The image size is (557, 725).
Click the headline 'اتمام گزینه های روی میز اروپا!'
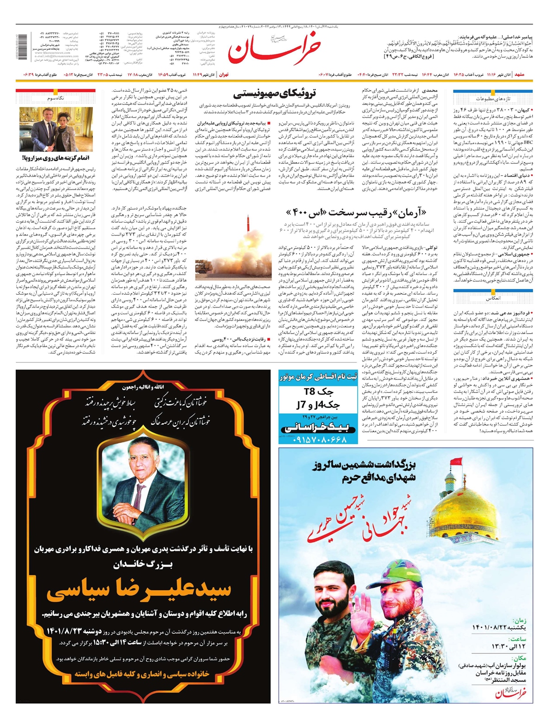56,158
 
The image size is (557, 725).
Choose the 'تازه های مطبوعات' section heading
492,99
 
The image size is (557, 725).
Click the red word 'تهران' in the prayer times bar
224,74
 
